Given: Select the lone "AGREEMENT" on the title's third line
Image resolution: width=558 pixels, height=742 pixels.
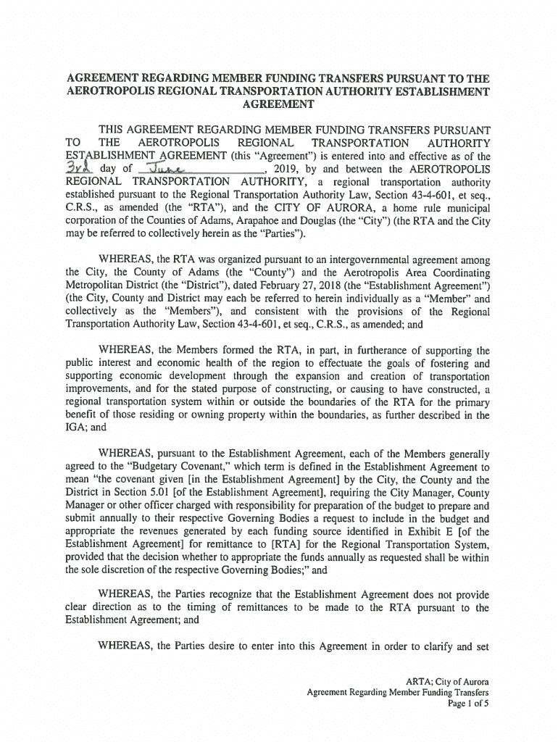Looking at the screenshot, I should tap(278, 104).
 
